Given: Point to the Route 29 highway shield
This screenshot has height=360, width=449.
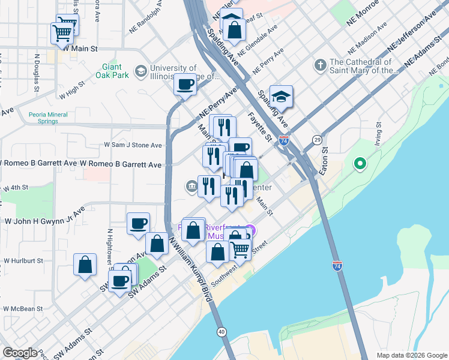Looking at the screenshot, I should pyautogui.click(x=316, y=139).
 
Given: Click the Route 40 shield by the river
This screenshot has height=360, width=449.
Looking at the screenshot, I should pyautogui.click(x=222, y=331).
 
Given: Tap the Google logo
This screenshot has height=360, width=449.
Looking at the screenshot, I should pyautogui.click(x=20, y=352).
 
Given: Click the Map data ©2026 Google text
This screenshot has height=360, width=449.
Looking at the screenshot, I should pyautogui.click(x=412, y=355).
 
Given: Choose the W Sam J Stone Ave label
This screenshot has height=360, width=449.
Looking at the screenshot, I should pyautogui.click(x=133, y=145).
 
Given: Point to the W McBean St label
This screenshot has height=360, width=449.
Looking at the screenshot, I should pyautogui.click(x=23, y=308).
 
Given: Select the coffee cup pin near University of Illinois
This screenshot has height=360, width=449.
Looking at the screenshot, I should pyautogui.click(x=185, y=83).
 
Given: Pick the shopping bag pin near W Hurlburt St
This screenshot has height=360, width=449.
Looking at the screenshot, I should pyautogui.click(x=85, y=265).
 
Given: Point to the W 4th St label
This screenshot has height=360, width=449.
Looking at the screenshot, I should pyautogui.click(x=16, y=188).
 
